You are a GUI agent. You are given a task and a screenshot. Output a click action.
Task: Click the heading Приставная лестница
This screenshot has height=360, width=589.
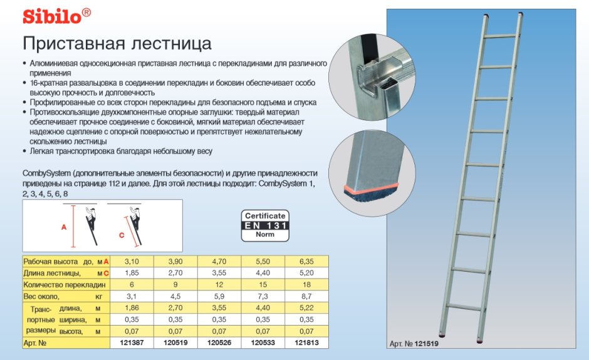(117, 44)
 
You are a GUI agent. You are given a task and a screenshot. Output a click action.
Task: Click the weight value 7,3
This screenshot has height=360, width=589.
(263, 297)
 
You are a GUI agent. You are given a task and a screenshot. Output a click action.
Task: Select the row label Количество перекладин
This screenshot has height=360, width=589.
(62, 285)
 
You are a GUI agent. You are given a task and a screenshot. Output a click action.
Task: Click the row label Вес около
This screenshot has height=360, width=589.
(41, 297)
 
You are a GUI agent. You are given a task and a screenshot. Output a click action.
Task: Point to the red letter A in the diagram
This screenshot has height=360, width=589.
(64, 228)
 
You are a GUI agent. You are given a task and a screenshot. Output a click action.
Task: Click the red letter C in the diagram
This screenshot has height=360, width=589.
(122, 236)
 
